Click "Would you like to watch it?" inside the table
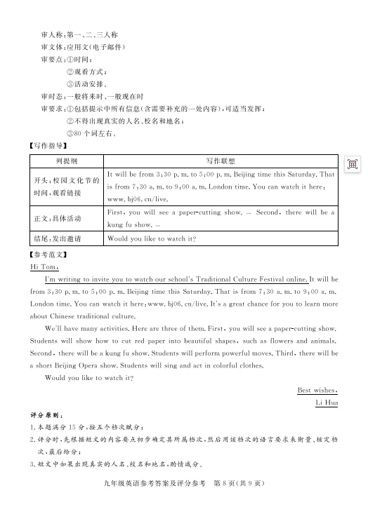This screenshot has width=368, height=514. pos(151,239)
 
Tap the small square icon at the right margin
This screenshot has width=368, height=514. pos(353,163)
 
